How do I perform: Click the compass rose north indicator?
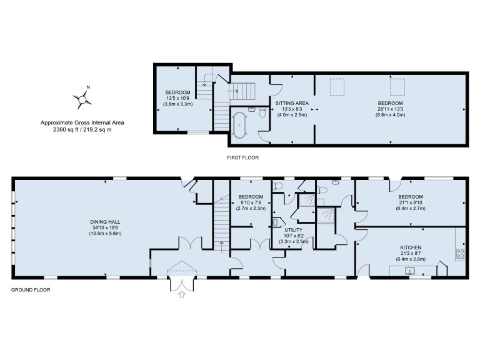click(82, 99)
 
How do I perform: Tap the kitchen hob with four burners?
click(461, 254)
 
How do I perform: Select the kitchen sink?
click(409, 271)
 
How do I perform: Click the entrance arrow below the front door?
click(182, 294)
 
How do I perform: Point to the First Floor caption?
click(242, 157)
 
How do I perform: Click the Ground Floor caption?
click(31, 289)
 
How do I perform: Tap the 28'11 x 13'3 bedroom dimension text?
click(390, 109)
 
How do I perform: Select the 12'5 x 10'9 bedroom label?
click(178, 98)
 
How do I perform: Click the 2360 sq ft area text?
click(82, 129)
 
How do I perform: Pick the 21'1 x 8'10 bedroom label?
click(411, 202)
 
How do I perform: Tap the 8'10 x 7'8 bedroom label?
click(251, 202)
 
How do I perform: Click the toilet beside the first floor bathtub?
click(262, 112)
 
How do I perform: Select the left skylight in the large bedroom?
click(337, 87)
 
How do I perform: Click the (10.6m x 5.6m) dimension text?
click(105, 233)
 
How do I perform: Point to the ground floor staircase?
click(221, 224)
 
